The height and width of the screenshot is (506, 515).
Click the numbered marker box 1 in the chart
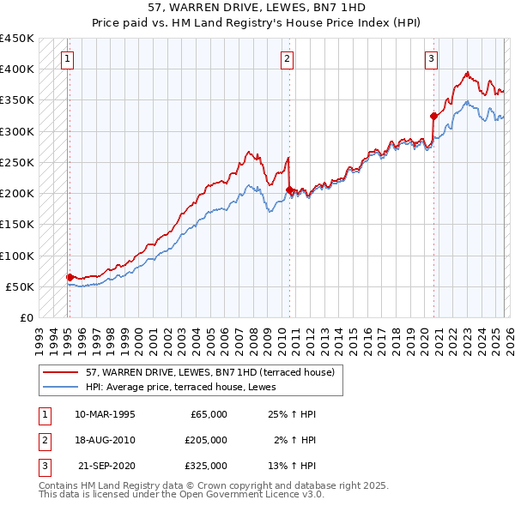(67, 59)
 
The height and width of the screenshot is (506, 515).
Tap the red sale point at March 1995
(70, 277)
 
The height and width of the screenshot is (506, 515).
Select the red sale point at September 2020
(433, 115)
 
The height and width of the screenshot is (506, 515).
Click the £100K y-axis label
(17, 256)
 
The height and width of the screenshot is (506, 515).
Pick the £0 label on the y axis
(26, 318)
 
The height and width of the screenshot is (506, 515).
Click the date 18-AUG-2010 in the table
(105, 440)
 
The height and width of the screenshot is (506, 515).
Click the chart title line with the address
(257, 9)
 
